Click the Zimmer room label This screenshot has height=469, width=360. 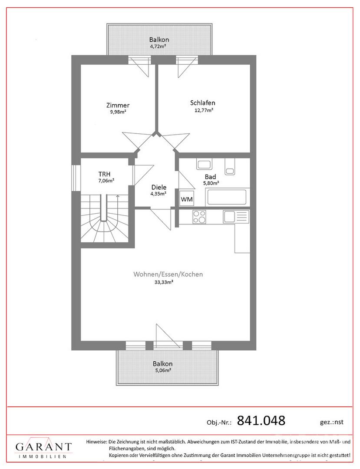pos(118,105)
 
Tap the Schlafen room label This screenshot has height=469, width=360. pos(203,103)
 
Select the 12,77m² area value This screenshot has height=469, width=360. pos(204,110)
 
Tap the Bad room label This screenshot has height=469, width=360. pos(210,177)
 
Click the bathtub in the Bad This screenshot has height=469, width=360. pos(227,197)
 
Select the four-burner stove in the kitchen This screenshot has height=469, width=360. pos(199,217)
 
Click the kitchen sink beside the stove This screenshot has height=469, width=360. pos(236,217)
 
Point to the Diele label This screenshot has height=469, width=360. pos(159,187)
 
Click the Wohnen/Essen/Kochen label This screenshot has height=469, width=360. pos(168,274)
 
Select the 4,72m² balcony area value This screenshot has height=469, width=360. pos(158,46)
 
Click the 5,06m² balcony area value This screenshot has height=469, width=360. pos(163,370)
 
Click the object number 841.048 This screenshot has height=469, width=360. pos(261,420)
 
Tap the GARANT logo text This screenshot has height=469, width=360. pos(44,447)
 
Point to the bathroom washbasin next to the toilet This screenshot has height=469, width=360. pos(204,164)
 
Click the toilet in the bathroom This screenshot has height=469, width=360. pos(230,166)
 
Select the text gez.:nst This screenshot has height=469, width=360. pos(332,422)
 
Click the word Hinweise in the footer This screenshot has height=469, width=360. pos(96,442)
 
